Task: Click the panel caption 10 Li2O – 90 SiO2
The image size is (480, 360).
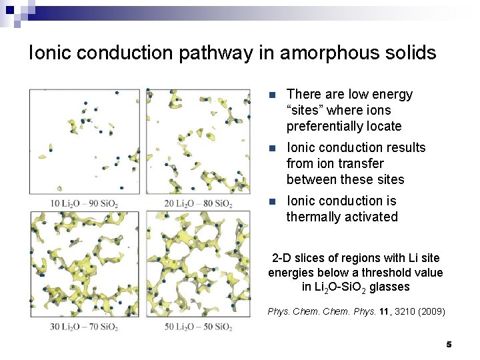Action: [84, 203]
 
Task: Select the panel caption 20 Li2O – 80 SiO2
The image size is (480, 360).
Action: [198, 203]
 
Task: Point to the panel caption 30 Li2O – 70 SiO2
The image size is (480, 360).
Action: [84, 327]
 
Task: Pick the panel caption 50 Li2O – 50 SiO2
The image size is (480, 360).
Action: [198, 327]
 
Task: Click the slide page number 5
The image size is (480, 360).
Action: [449, 344]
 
